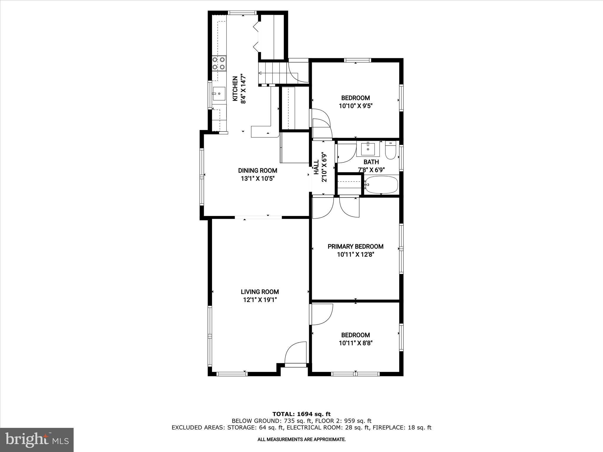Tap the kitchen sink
point(219,94)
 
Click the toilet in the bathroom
point(390,151)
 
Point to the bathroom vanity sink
point(368,149)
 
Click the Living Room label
point(260,292)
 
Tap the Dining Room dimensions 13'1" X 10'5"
point(258,179)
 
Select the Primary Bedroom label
point(355,247)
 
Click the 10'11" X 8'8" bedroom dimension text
point(356,343)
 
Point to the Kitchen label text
point(235,89)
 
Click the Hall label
point(316,167)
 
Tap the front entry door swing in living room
point(295,353)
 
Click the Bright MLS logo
point(37,440)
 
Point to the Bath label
point(371,162)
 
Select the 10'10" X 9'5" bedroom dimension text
point(356,106)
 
